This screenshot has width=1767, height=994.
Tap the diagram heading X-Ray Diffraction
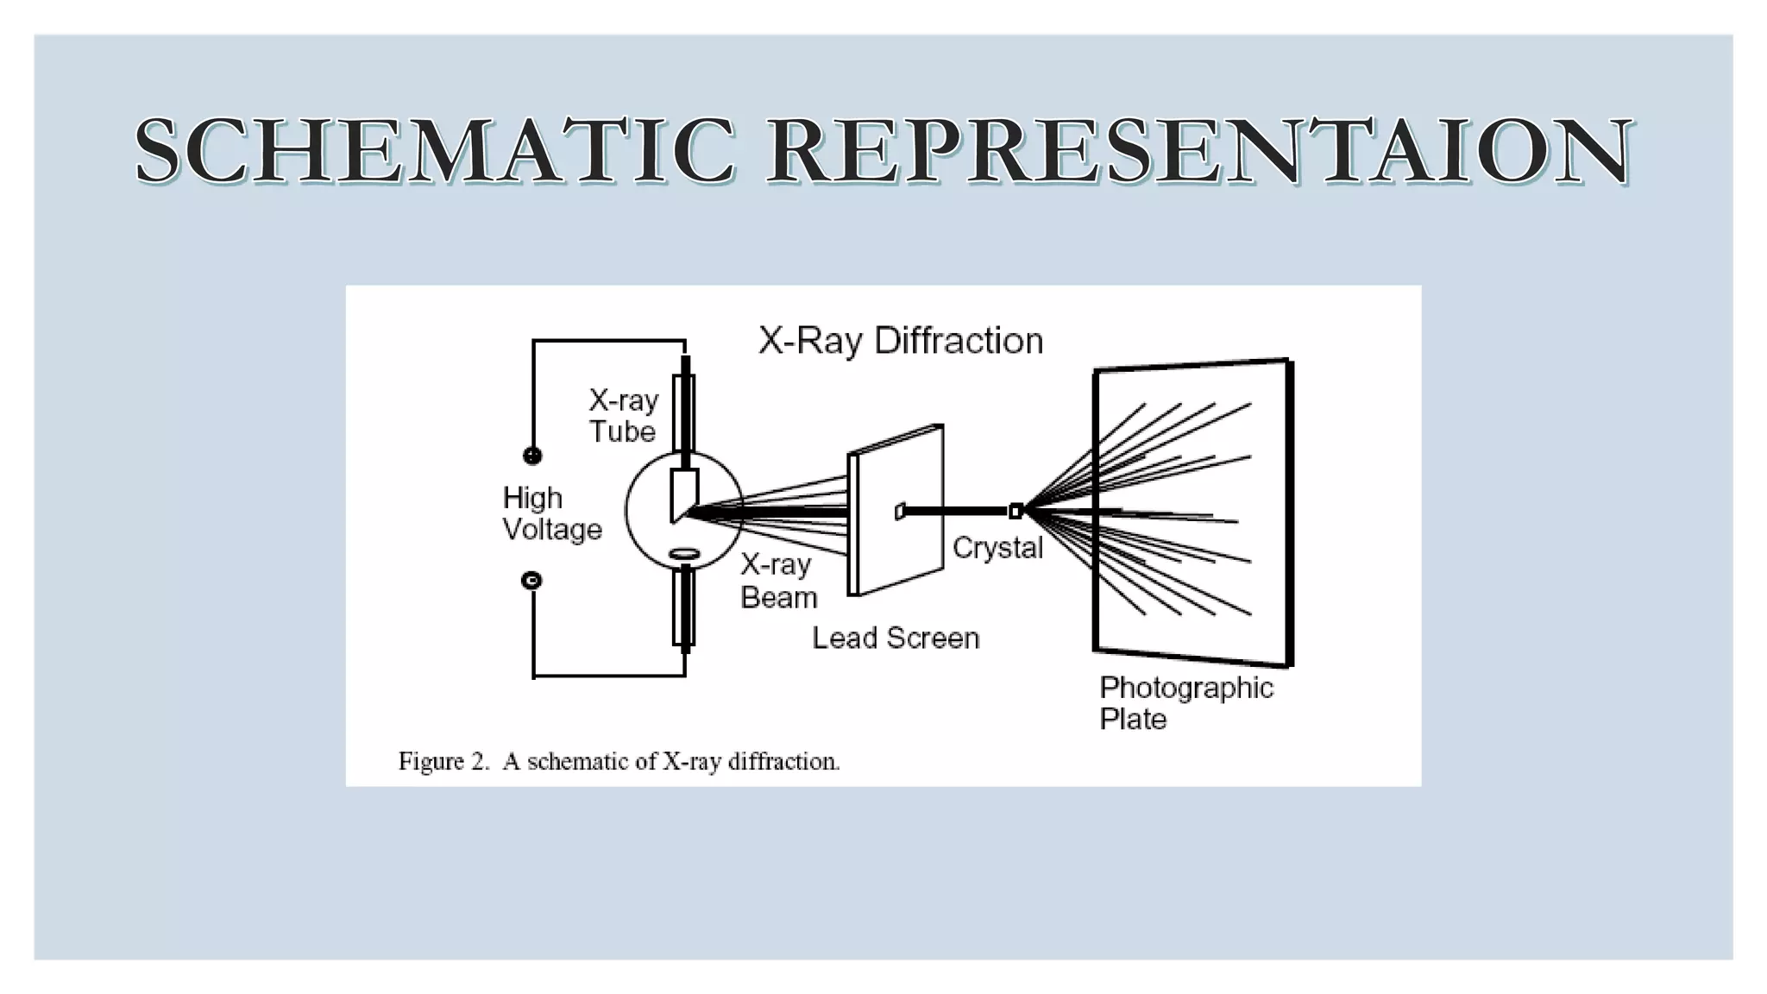[x=901, y=341]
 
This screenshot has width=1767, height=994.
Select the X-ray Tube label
[x=623, y=416]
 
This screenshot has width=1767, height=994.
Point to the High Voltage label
[x=551, y=513]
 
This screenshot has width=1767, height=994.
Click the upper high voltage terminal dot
[x=532, y=456]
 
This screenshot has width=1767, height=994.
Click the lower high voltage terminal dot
[x=532, y=581]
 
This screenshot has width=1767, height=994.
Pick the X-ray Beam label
[x=777, y=581]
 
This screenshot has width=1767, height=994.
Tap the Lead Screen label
[x=896, y=639]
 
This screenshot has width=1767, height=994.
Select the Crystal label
[x=997, y=548]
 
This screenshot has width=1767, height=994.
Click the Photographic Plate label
[x=1185, y=703]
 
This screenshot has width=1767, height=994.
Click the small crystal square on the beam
[x=1016, y=512]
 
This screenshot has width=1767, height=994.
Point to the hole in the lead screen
[x=899, y=512]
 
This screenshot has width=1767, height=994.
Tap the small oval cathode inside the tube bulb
[x=685, y=553]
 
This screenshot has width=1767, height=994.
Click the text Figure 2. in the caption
[x=443, y=762]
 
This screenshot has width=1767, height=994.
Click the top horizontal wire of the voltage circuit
[x=608, y=342]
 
